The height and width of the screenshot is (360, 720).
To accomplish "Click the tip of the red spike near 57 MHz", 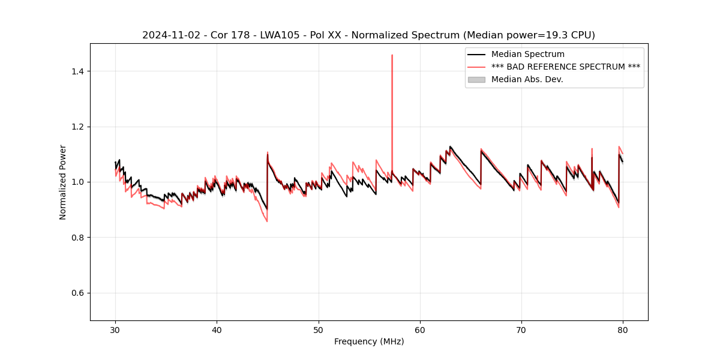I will [392, 55].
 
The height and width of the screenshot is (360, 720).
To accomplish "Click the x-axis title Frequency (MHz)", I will [369, 341].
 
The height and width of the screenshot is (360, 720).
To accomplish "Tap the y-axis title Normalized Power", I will [63, 182].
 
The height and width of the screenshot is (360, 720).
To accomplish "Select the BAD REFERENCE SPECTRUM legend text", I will [565, 67].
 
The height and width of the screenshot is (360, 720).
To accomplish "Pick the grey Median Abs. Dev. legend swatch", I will [476, 79].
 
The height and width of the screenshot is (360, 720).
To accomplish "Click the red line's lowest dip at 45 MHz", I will [267, 221].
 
